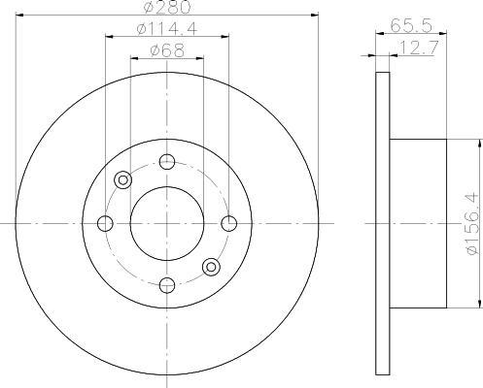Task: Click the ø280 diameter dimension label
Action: tap(167, 7)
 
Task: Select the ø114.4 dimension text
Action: tap(167, 29)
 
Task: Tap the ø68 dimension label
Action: tap(167, 50)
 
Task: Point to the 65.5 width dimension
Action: tap(411, 25)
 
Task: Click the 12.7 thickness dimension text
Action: tap(420, 48)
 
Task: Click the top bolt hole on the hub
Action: tap(167, 162)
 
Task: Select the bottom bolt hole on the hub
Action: tap(167, 285)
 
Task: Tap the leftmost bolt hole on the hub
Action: tap(105, 223)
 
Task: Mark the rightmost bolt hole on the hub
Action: tap(229, 223)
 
